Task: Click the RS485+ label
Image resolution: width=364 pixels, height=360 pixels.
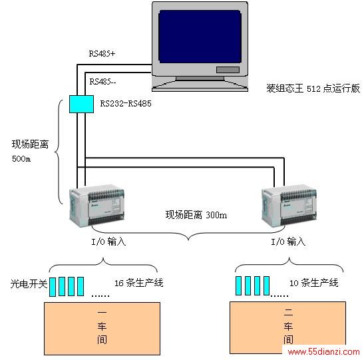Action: point(102,54)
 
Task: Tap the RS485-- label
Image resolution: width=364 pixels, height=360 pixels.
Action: point(102,81)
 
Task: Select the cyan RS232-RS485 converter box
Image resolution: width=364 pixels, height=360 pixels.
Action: point(81,104)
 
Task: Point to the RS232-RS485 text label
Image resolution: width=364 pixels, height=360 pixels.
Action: point(126,104)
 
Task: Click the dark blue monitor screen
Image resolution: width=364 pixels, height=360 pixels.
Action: point(200,37)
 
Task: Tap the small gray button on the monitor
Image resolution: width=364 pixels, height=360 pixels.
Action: point(228,70)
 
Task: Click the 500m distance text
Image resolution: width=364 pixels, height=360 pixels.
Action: point(21,159)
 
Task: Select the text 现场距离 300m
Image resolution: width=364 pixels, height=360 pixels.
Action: point(196,215)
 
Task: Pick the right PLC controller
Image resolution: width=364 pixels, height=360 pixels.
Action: point(289,206)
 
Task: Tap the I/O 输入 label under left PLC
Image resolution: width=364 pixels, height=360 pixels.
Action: point(108,242)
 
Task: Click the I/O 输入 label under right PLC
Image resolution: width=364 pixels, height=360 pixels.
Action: point(288,242)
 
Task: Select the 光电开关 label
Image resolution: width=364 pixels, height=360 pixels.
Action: point(29,283)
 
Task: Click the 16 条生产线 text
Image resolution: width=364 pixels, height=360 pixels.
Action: point(139,283)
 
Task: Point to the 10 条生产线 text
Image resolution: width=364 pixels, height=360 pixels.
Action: point(313,283)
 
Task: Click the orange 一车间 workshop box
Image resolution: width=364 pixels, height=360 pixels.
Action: point(102,329)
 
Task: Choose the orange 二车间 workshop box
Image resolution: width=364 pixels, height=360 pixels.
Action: point(288,327)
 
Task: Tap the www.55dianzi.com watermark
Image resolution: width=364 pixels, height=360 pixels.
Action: point(323,351)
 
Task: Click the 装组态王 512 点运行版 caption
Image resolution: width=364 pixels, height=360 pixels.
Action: point(313,89)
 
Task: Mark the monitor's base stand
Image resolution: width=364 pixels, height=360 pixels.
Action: point(200,84)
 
